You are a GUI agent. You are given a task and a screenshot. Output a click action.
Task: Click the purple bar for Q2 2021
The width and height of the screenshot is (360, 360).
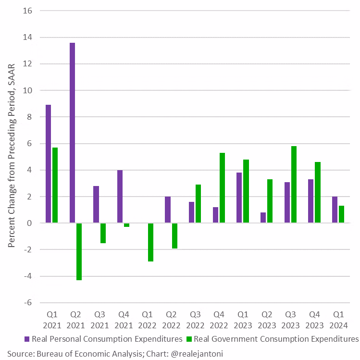[x=72, y=133]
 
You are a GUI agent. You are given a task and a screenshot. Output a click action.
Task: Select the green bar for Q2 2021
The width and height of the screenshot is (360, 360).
[x=79, y=251]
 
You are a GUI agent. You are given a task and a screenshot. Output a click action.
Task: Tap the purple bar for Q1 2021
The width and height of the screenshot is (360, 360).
[x=48, y=164]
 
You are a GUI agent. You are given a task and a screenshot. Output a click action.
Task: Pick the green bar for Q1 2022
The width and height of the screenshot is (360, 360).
[x=150, y=242]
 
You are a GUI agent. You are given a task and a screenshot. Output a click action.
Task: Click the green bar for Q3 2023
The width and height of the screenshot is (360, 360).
[x=294, y=185]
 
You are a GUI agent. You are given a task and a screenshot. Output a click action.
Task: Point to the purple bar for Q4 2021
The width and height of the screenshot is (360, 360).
[x=120, y=197]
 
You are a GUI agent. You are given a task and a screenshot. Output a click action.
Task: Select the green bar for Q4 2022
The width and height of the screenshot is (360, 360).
[x=222, y=188]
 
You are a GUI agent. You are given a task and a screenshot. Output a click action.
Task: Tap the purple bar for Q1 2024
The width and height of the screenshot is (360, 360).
[x=335, y=210]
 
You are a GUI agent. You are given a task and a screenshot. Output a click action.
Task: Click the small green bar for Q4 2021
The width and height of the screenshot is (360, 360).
[x=126, y=225]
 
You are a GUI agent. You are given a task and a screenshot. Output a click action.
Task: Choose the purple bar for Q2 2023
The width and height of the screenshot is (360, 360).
[x=263, y=218]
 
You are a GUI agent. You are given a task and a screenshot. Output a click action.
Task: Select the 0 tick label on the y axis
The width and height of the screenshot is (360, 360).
[x=29, y=223]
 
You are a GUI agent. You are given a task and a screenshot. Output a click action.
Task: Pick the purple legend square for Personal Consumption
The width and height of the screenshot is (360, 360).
[x=27, y=339]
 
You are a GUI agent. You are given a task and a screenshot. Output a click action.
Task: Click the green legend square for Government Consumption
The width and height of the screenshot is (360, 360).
[x=188, y=339]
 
